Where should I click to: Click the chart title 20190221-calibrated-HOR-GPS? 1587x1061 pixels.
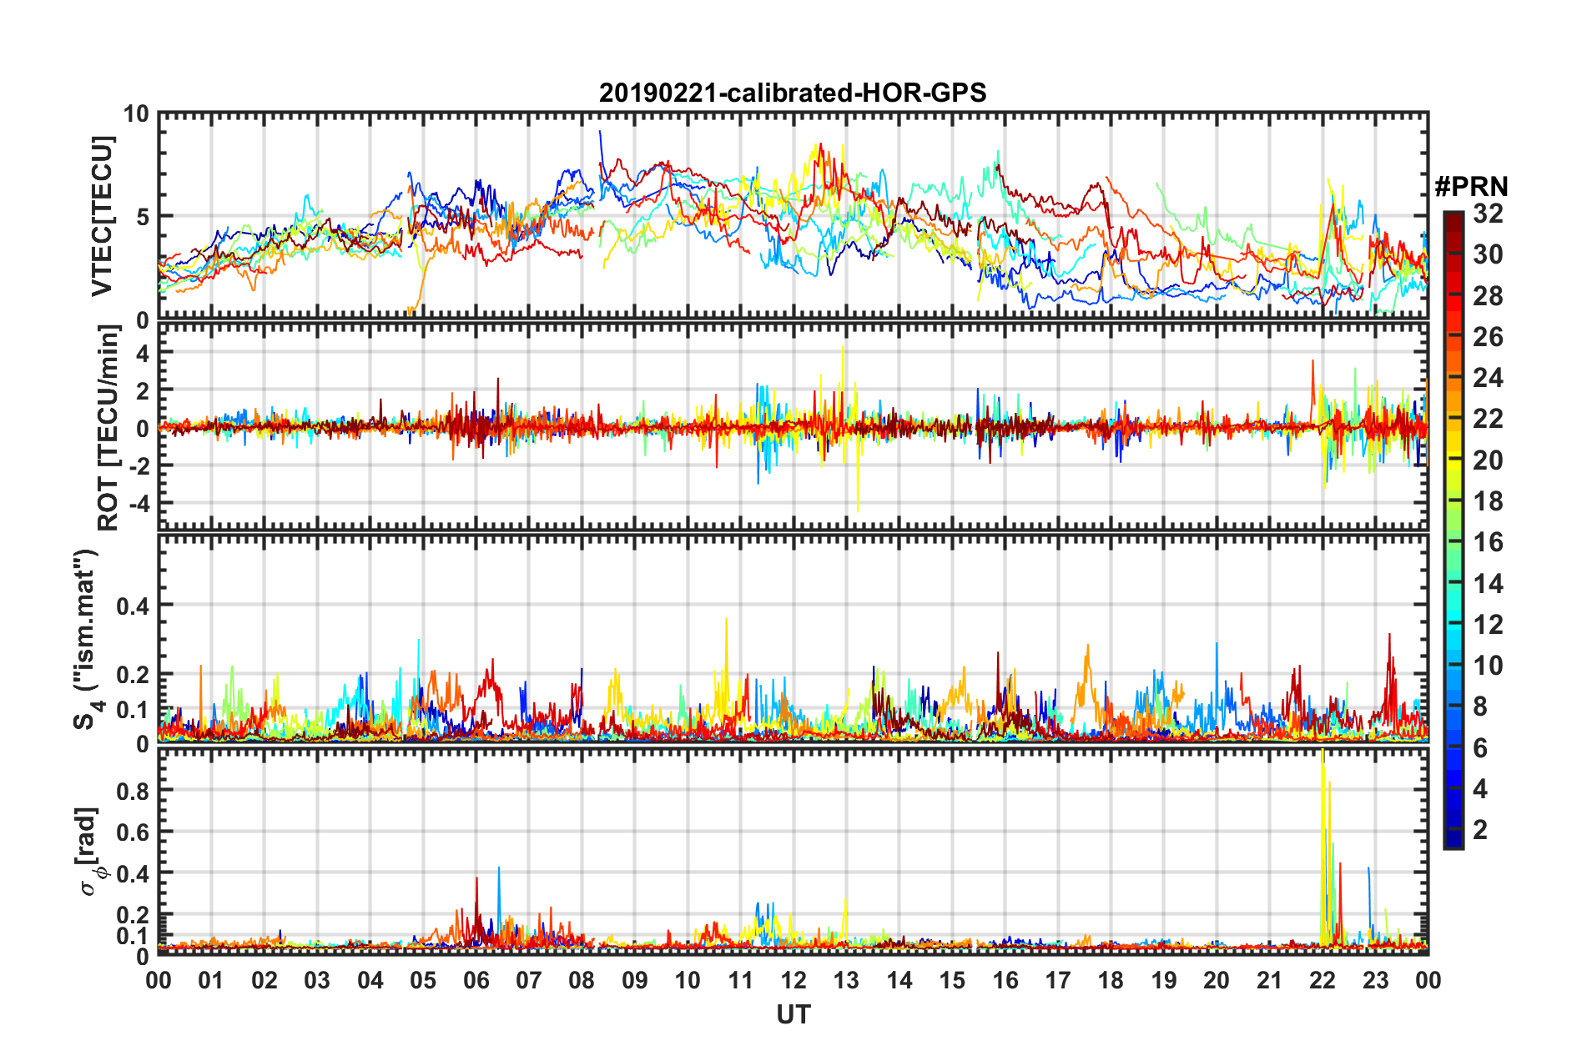[793, 93]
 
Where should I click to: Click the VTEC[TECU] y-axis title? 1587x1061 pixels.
[102, 217]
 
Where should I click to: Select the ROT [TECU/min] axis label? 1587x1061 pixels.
[108, 428]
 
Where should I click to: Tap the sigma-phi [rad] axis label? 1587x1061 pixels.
[90, 851]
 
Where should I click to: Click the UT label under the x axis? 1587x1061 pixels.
[793, 1014]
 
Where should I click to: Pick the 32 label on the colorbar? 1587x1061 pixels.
[1488, 214]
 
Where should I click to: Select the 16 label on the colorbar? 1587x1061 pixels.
[1488, 542]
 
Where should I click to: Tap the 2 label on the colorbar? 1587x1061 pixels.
[1480, 829]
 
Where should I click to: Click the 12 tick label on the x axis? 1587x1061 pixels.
[793, 980]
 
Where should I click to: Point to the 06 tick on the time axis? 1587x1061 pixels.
[476, 980]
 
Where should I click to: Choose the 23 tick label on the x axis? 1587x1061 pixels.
[1375, 980]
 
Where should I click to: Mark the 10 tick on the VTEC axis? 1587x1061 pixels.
[136, 114]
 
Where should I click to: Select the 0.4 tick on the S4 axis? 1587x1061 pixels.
[133, 606]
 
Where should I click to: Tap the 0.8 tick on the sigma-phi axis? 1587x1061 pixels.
[133, 791]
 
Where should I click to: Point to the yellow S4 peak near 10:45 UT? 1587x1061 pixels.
[726, 621]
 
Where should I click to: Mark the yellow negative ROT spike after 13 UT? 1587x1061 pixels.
[858, 505]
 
